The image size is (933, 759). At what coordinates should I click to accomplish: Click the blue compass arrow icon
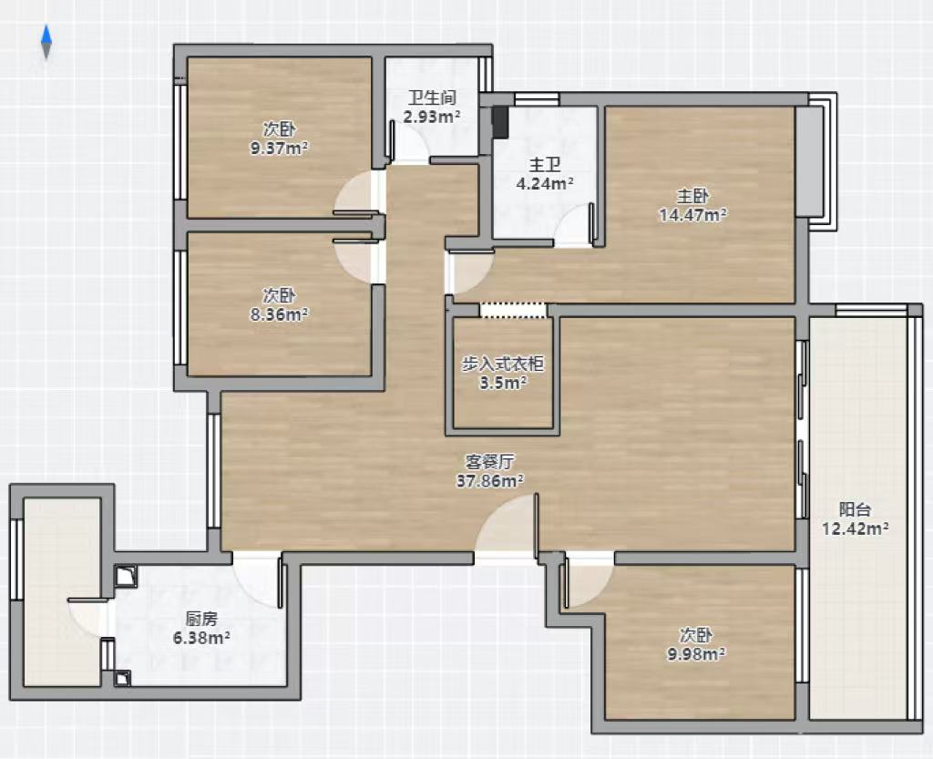(x=46, y=42)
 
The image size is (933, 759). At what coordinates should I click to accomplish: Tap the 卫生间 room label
(x=432, y=97)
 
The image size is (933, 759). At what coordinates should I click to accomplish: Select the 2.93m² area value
(x=432, y=117)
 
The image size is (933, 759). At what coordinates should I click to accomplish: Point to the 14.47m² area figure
(x=692, y=215)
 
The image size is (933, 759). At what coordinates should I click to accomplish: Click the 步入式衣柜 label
(x=503, y=364)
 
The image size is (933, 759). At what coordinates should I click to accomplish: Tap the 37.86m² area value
(x=489, y=480)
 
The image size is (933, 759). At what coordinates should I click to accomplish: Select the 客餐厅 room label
(x=489, y=462)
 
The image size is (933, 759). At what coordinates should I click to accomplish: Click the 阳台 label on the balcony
(x=855, y=509)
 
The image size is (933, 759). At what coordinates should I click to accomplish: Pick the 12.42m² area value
(x=855, y=528)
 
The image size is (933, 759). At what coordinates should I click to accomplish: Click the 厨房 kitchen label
(x=201, y=619)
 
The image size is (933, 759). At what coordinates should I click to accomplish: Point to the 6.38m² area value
(x=201, y=638)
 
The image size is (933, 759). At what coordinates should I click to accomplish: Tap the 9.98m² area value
(x=695, y=654)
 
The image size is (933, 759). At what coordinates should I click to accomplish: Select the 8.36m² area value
(x=279, y=314)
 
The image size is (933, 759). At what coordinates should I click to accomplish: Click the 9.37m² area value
(x=279, y=148)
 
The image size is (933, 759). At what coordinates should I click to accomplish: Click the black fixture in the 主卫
(x=500, y=122)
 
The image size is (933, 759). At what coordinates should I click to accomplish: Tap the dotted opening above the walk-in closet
(x=512, y=310)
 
